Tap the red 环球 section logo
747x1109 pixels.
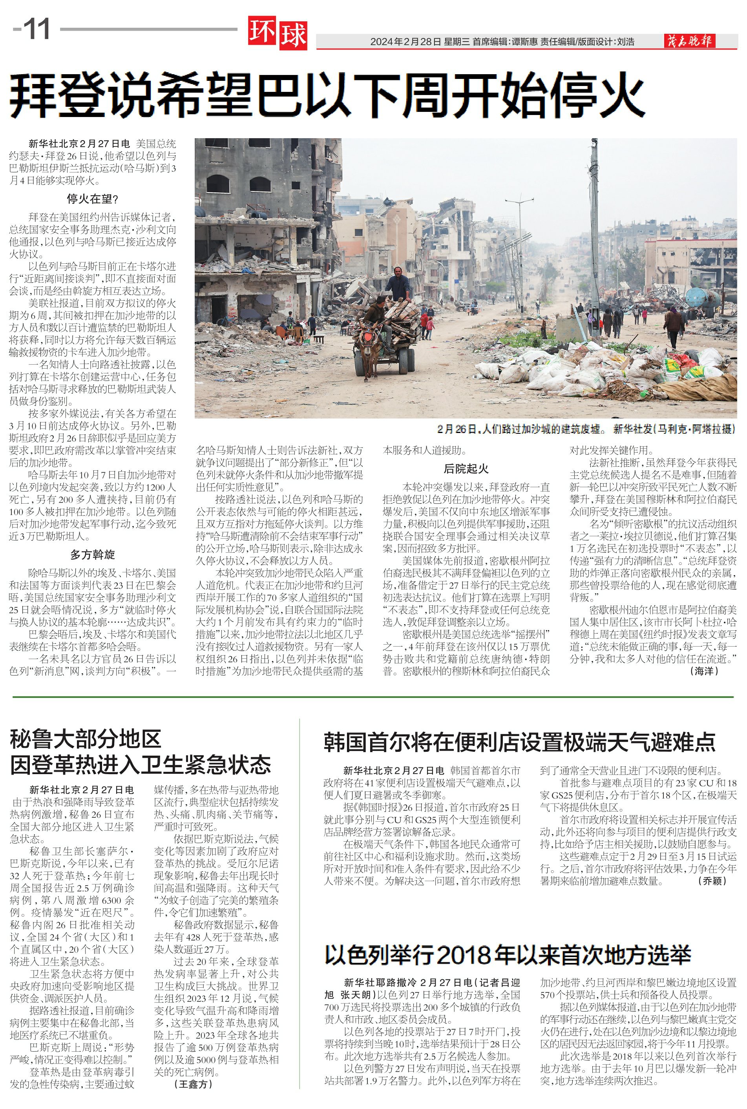277,34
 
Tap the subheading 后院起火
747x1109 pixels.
466,468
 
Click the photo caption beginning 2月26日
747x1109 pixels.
586,429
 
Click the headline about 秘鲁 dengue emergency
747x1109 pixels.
141,752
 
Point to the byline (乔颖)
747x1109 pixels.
712,881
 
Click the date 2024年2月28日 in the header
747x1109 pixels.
406,42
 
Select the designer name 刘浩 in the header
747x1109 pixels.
626,42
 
